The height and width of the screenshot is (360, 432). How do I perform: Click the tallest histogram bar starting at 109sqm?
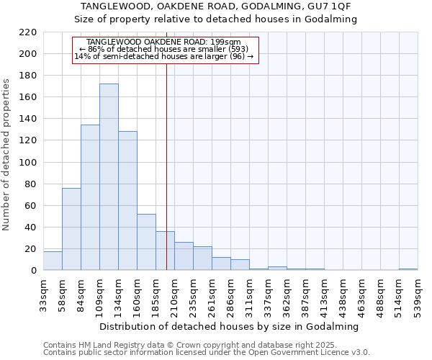(x=109, y=177)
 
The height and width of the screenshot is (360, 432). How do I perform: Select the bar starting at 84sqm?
(x=90, y=197)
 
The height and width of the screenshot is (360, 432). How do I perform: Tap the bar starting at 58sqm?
(x=71, y=229)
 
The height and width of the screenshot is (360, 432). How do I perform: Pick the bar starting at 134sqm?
(x=127, y=201)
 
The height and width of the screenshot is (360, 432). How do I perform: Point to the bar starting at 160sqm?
(x=146, y=242)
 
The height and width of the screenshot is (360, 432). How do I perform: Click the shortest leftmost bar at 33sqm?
(x=53, y=261)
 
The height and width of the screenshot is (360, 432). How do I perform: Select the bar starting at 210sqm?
(x=184, y=256)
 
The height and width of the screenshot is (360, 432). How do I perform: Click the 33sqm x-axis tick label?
(x=43, y=294)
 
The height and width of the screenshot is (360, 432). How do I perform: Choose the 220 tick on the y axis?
(x=29, y=32)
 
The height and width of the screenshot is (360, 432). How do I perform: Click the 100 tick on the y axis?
(x=29, y=162)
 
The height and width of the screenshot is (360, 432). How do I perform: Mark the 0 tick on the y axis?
(x=33, y=271)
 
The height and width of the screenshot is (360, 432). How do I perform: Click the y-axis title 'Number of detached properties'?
(x=7, y=155)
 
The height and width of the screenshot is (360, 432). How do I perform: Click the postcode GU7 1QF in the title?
(x=331, y=6)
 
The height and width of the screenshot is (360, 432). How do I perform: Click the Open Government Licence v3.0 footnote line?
(x=207, y=353)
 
